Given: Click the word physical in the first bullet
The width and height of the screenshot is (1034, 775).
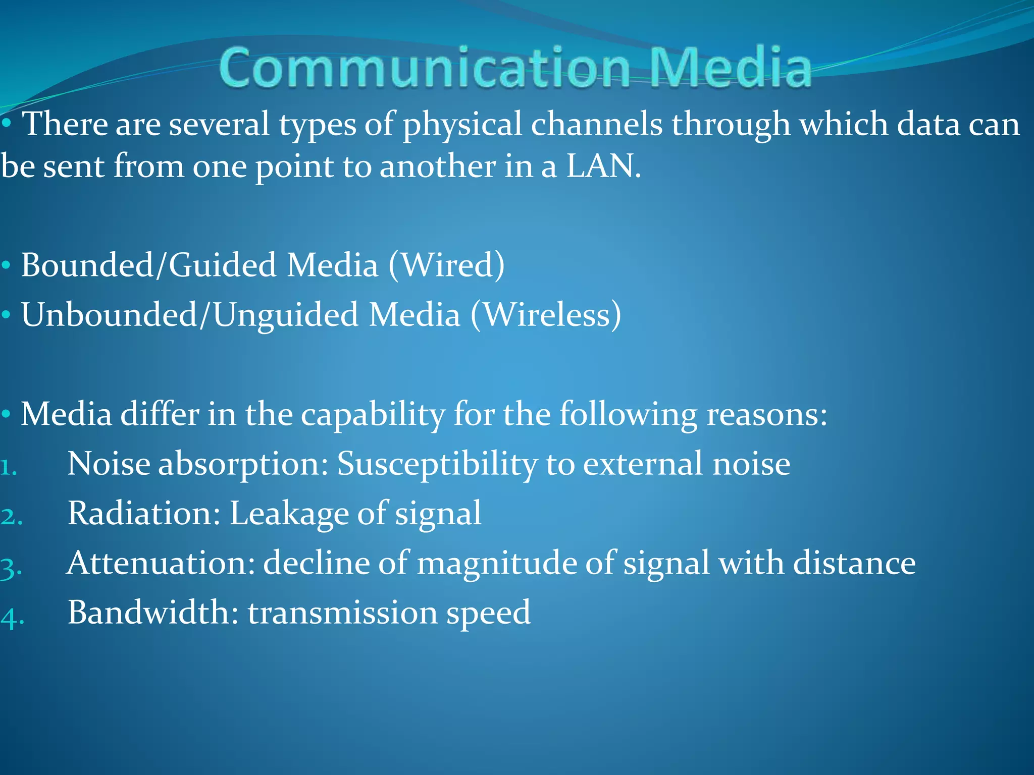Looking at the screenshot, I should [x=462, y=125].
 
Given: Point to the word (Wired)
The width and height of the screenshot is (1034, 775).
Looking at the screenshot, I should [x=446, y=265].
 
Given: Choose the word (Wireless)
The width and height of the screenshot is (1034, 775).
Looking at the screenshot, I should [x=546, y=315].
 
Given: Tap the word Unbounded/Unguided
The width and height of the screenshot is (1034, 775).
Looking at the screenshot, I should [x=190, y=315].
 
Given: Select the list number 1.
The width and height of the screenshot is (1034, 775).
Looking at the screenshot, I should [x=8, y=468].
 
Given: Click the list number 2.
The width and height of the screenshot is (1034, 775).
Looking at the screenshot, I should [x=11, y=517].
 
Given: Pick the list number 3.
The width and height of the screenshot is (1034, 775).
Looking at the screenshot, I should [x=11, y=568].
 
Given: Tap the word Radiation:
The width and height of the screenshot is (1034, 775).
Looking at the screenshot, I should [x=144, y=513].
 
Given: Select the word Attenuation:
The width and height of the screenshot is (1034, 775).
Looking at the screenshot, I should [x=161, y=563].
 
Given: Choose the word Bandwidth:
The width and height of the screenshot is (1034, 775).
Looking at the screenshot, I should [x=153, y=612].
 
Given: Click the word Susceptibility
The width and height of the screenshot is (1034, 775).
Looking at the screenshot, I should [x=437, y=464].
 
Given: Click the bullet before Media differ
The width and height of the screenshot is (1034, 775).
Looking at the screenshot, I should [x=6, y=415].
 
